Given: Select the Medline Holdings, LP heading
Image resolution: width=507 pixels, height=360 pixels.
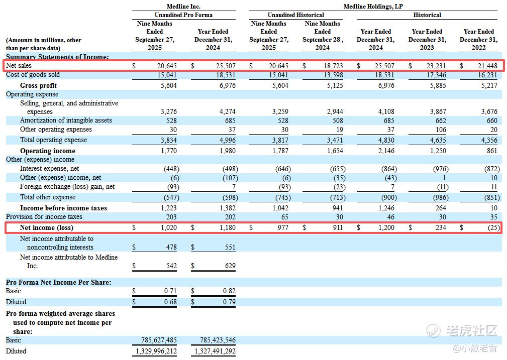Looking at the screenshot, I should click(373, 7).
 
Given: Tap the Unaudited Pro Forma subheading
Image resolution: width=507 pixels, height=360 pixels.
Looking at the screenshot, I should click(183, 15).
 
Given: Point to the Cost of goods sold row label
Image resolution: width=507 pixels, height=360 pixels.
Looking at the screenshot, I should click(33, 75).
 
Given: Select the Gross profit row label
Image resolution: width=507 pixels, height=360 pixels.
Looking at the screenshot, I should click(38, 85).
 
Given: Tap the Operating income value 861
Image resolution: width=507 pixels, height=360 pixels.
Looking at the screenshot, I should click(492, 151).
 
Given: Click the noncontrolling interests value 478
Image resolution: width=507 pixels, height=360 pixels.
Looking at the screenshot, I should click(171, 247).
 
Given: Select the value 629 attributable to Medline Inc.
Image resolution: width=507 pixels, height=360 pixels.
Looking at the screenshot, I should click(230, 266).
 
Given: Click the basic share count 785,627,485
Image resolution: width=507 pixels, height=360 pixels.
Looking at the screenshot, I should click(156, 340).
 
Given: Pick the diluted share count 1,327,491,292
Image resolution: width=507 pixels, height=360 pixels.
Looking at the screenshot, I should click(215, 351).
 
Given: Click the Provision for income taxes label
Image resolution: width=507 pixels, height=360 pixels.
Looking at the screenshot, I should click(44, 217).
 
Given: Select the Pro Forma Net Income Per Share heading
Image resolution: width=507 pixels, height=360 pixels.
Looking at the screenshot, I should click(59, 282).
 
